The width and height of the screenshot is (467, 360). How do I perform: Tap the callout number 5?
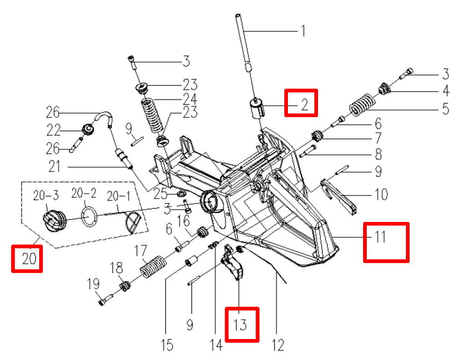[x=445, y=109]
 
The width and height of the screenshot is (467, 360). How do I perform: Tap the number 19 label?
[x=93, y=285]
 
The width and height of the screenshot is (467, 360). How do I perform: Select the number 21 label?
[x=54, y=167]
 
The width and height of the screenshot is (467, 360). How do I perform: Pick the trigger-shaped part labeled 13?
[x=235, y=267]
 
